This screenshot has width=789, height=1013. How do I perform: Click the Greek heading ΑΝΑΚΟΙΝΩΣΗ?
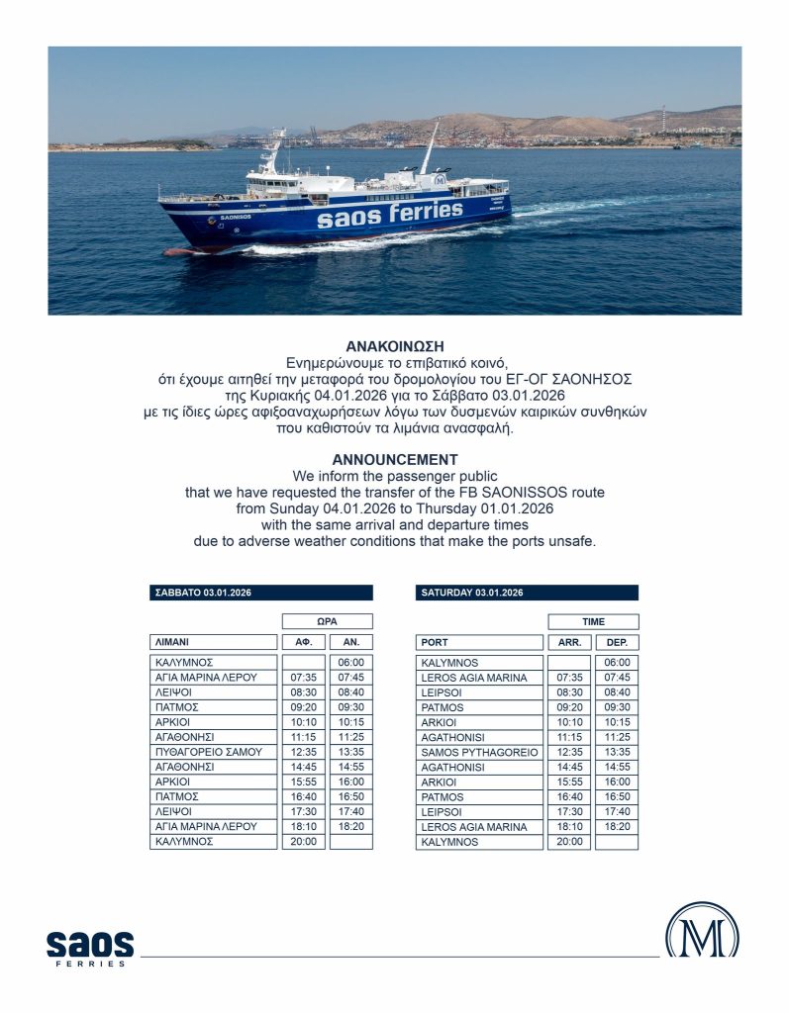(395, 346)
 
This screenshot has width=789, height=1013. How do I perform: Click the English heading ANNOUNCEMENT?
(395, 459)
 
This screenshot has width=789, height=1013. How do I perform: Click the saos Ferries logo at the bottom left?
(89, 948)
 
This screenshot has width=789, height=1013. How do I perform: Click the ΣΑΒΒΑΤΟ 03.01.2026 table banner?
(261, 593)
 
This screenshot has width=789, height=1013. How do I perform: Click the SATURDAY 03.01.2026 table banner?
(527, 593)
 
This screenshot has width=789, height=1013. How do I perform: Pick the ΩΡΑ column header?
(328, 621)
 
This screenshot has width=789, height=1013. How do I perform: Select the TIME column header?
(593, 621)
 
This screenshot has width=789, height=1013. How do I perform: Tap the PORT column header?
(480, 642)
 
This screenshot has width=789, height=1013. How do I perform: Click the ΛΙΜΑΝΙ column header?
(213, 642)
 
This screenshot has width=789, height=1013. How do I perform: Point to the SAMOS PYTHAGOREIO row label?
(480, 752)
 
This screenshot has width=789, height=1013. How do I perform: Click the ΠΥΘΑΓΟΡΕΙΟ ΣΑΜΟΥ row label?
(213, 752)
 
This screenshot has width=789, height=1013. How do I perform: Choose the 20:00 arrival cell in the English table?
(569, 842)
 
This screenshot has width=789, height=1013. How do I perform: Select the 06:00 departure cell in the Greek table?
(350, 662)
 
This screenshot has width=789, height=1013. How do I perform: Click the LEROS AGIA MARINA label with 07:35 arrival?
(480, 678)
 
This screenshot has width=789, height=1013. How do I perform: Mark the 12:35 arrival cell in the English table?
(569, 752)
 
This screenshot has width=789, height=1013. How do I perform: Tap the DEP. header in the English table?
(617, 642)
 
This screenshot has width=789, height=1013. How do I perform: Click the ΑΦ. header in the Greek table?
(304, 642)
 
